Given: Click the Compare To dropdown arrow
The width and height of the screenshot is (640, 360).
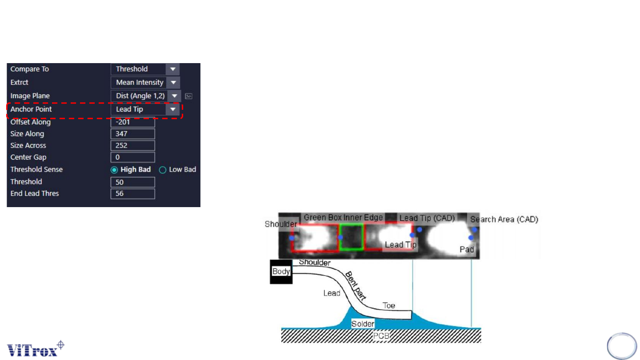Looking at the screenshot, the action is point(173,69).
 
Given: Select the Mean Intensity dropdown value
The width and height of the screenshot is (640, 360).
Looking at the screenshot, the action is point(140,83).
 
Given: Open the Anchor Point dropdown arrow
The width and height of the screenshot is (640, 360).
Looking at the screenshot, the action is point(173,109).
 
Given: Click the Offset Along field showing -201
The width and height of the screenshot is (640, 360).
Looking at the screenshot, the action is point(132,122).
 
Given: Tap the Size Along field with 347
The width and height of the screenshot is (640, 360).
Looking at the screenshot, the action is point(132,134).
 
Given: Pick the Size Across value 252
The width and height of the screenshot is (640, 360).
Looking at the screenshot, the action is point(132,145).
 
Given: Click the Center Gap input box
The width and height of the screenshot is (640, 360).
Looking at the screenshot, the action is point(132,157).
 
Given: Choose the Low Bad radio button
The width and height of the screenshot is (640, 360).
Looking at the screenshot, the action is point(163,170).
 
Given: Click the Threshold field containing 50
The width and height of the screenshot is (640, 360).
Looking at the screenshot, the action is point(132,182).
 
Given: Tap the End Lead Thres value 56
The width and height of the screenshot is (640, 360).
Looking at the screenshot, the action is point(132,194).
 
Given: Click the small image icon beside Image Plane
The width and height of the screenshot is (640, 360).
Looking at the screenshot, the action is point(189,96).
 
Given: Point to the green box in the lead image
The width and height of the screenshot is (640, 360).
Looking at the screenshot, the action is point(351,237).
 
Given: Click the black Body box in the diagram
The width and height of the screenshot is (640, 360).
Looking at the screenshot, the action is point(281,272).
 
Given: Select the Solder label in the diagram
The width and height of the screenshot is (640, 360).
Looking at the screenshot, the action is point(363,324).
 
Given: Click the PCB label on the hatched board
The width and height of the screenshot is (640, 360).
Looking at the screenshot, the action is point(381,336).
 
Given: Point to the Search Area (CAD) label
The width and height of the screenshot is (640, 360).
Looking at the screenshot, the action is point(504,219).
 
